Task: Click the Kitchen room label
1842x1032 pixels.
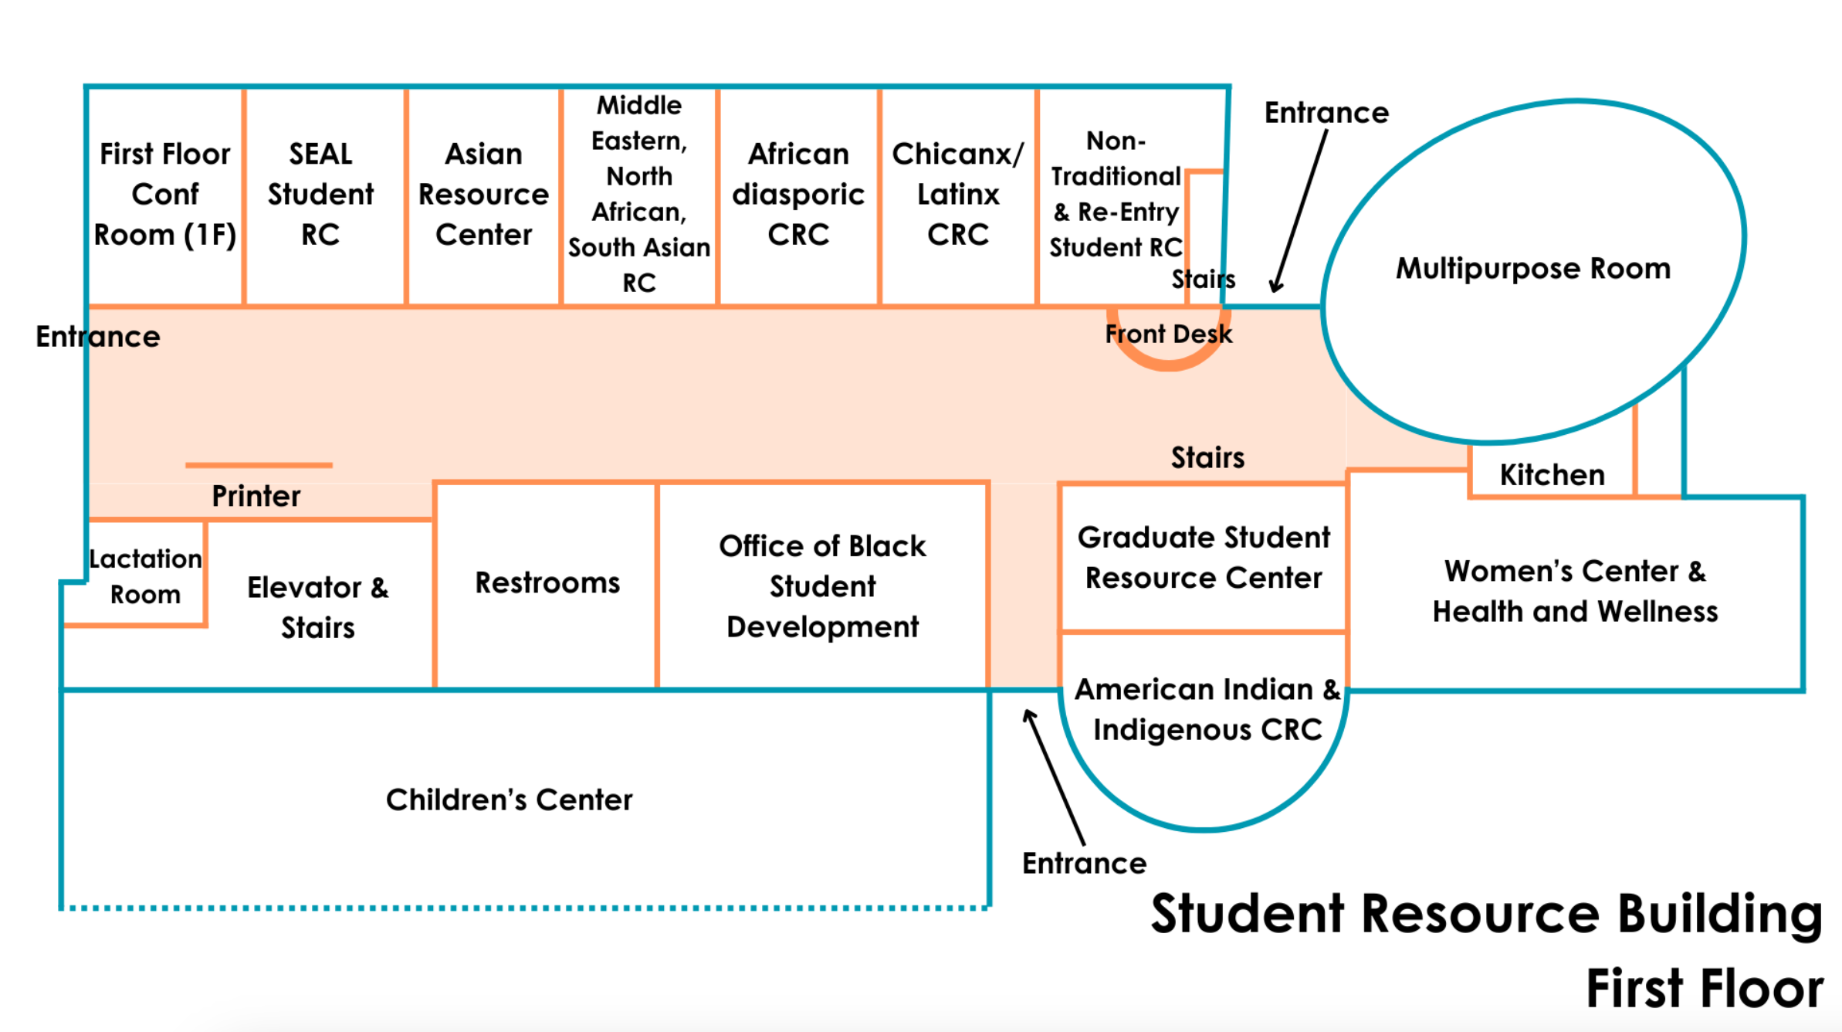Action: (x=1552, y=474)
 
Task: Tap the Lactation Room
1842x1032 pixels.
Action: (x=145, y=576)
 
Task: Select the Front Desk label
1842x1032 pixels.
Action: (x=1168, y=334)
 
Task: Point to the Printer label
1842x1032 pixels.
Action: (x=256, y=496)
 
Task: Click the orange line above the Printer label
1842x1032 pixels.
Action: (x=259, y=465)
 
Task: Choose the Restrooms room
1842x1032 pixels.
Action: (x=547, y=583)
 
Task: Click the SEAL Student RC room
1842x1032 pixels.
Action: (x=320, y=195)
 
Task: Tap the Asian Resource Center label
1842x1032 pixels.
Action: (x=483, y=195)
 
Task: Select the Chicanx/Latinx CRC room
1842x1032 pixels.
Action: (x=957, y=195)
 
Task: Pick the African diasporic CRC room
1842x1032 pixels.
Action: (x=797, y=195)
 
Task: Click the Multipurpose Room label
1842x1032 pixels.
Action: (x=1532, y=268)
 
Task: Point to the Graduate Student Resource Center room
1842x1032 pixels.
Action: (x=1203, y=558)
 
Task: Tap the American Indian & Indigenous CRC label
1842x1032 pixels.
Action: (x=1207, y=709)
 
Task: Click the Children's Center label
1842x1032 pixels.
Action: (x=509, y=799)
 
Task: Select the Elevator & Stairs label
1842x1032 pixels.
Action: (x=317, y=607)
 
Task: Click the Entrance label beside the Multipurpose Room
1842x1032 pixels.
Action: (x=1326, y=113)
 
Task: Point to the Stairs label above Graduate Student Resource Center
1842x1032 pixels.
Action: (x=1207, y=457)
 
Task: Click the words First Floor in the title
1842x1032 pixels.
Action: (x=1704, y=989)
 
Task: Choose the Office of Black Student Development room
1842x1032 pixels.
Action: (x=822, y=586)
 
